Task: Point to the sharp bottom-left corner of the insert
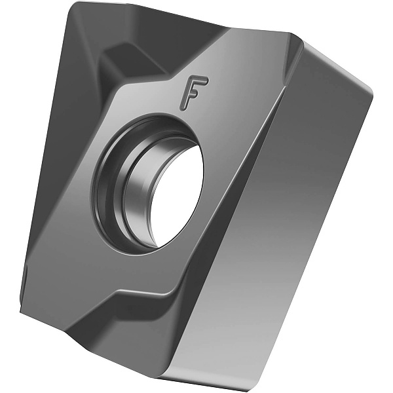(x=22, y=310)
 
